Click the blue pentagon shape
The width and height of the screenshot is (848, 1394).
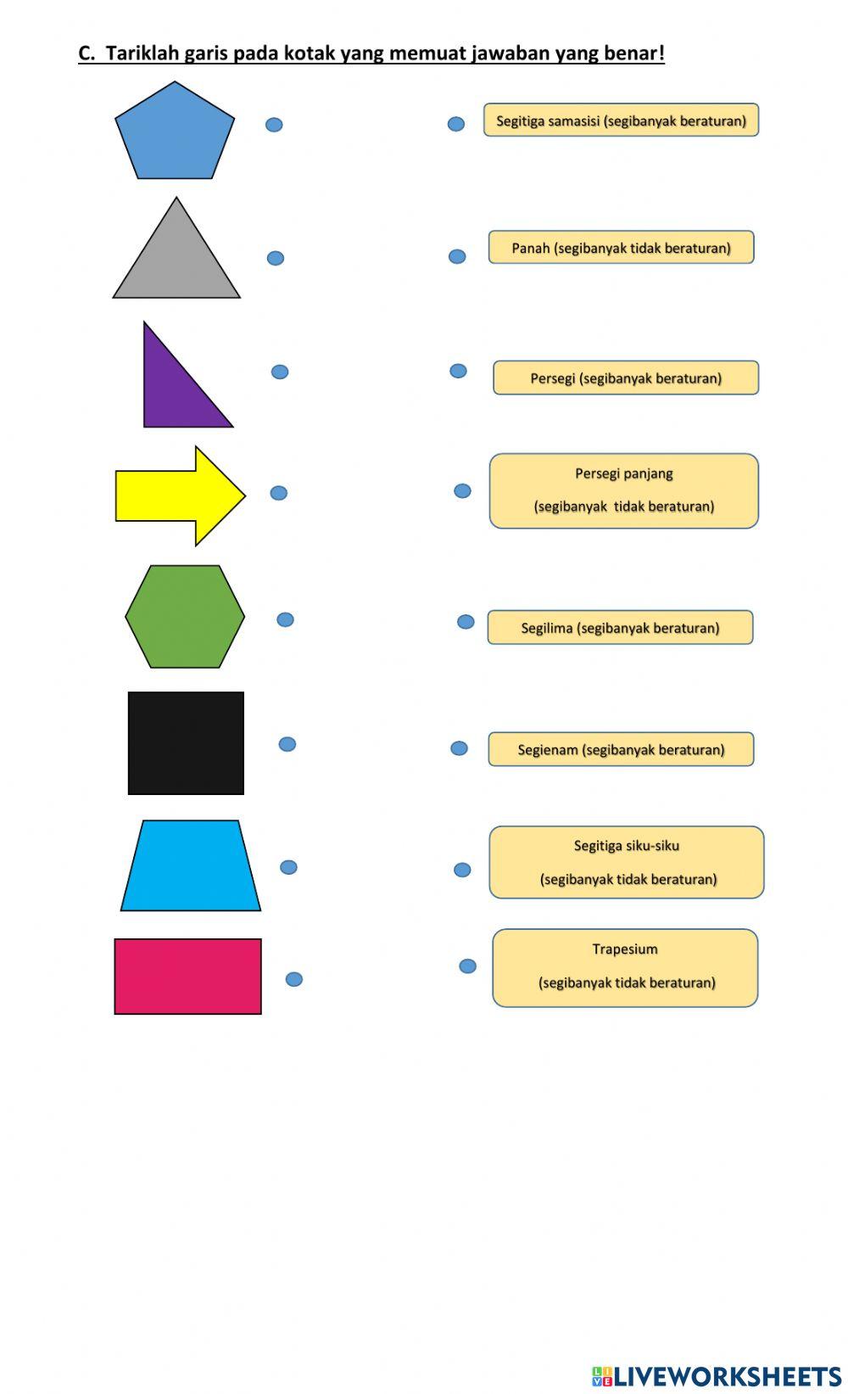[175, 134]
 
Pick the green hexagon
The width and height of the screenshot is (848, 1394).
[185, 617]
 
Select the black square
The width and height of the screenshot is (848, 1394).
[186, 743]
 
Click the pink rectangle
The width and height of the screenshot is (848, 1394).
[188, 977]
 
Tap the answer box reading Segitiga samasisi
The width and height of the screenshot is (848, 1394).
[621, 120]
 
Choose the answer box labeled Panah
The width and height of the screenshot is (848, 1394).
[621, 248]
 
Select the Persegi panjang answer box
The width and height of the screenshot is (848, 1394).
[623, 491]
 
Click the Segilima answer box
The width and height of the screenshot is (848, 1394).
[620, 628]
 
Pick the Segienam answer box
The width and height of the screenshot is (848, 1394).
[621, 749]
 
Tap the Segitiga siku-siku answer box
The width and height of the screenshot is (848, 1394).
[627, 862]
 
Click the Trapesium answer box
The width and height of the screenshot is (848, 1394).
[625, 968]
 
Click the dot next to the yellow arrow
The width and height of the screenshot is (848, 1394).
[279, 493]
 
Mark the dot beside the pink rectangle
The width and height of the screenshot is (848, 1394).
[294, 979]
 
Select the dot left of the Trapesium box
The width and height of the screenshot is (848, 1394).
[467, 966]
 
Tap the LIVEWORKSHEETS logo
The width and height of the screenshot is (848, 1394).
[717, 1376]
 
